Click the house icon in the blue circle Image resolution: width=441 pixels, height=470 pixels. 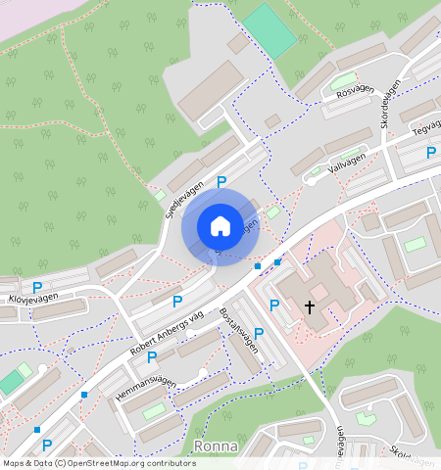[x=220, y=226]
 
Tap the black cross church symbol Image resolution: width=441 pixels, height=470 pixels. [x=310, y=306]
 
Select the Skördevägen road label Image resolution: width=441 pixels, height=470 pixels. [x=389, y=105]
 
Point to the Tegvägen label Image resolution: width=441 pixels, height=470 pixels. [x=426, y=128]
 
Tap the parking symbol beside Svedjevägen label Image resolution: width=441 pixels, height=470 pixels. [x=221, y=181]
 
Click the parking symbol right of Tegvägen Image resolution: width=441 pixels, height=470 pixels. [x=430, y=152]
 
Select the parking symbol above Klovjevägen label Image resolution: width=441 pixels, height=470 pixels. [x=37, y=287]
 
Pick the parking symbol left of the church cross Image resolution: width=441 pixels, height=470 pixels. [x=273, y=305]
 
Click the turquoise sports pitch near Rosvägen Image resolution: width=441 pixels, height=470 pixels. [x=269, y=30]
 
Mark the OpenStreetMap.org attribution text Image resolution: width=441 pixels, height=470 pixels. [x=98, y=463]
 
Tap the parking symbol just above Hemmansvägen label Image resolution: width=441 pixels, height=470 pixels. [x=152, y=356]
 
